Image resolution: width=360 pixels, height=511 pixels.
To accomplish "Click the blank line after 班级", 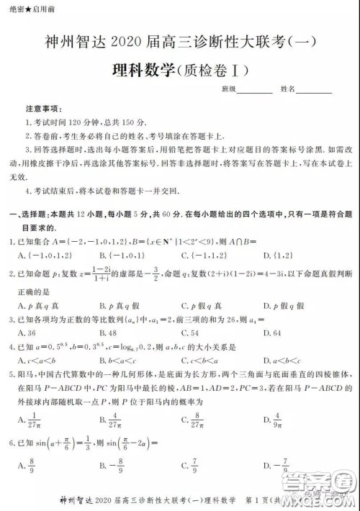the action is [x=255, y=89].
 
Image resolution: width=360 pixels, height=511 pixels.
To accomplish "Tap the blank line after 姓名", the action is [x=315, y=89].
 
